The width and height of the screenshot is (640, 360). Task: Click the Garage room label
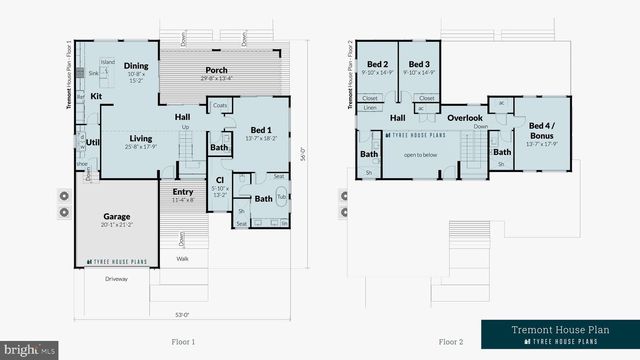pos(116,215)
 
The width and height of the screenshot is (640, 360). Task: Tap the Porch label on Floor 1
pos(216,70)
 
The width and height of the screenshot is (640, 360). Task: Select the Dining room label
pos(137,66)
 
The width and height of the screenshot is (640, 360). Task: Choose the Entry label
pos(183,192)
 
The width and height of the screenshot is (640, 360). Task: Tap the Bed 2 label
pos(377,64)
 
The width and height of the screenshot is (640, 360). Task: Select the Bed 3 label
pos(419,64)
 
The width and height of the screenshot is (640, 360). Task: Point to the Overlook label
pos(464,118)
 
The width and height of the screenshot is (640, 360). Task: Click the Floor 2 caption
pos(450,341)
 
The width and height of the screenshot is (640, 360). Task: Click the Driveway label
pos(116,279)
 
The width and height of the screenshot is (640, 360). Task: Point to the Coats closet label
pos(220,105)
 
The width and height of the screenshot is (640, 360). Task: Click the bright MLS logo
pos(29,350)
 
